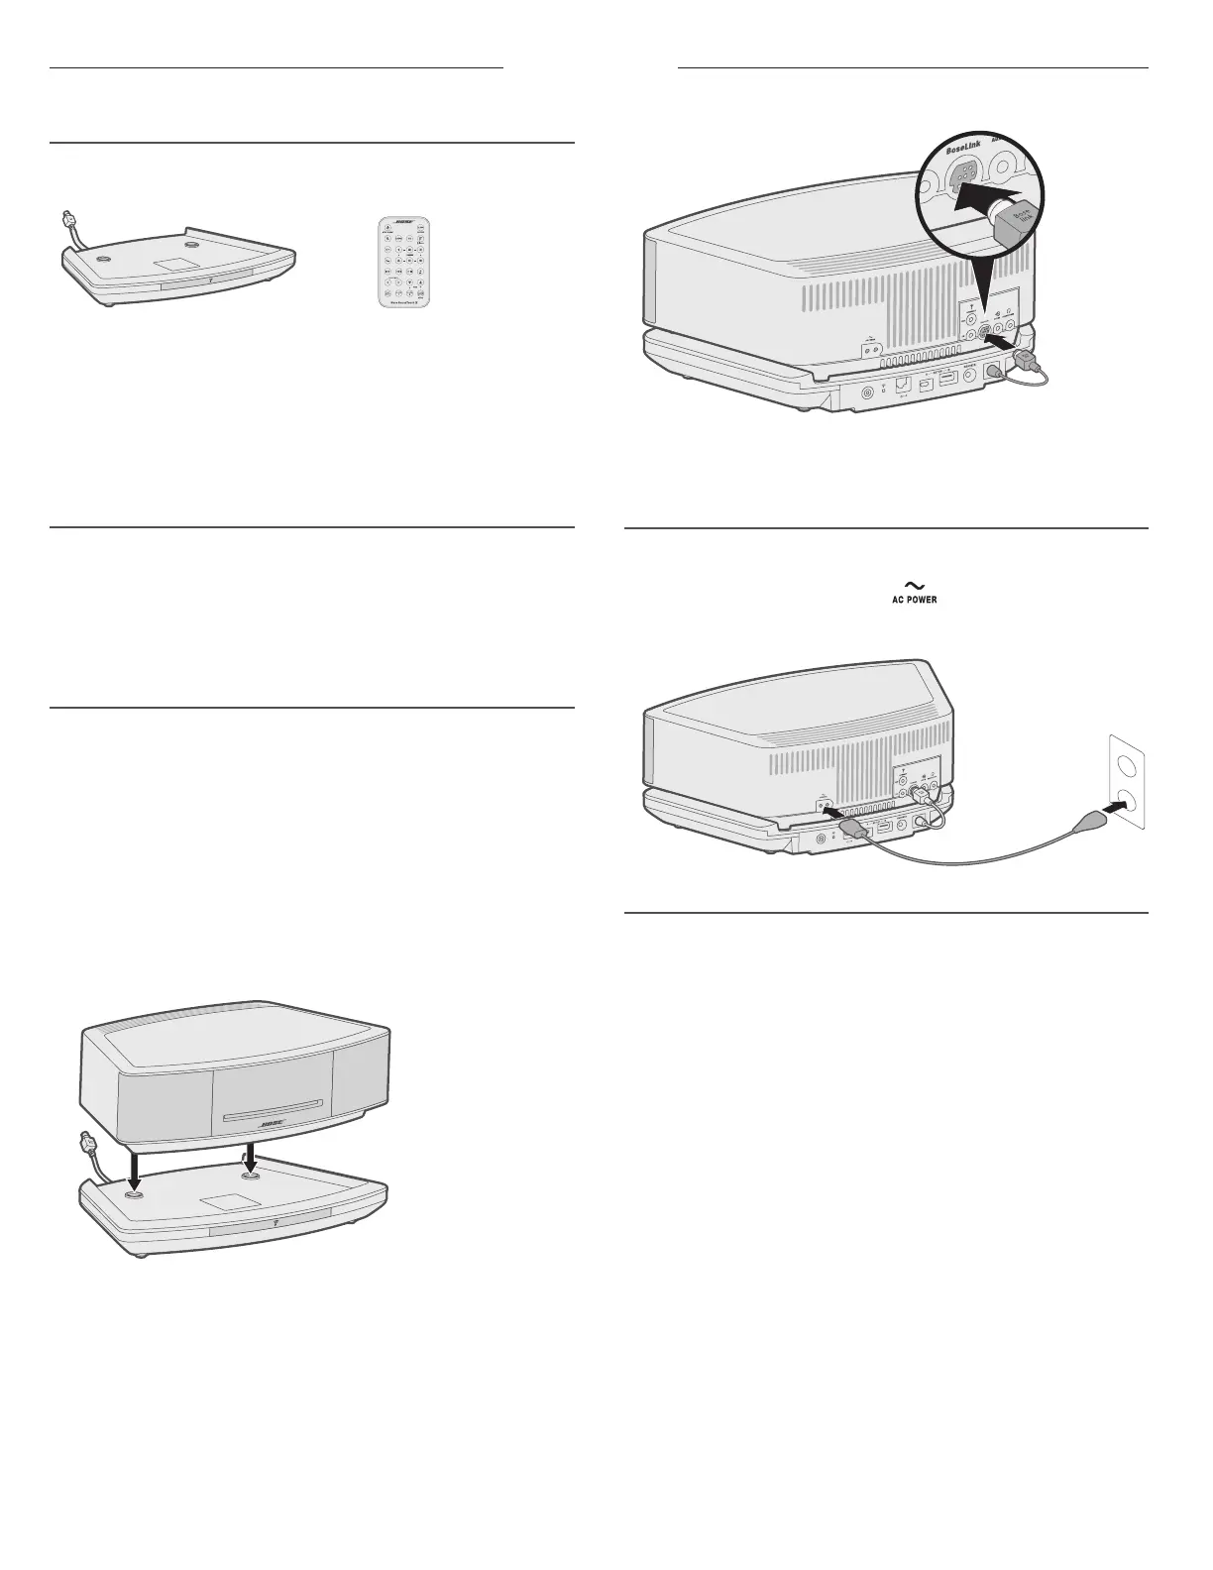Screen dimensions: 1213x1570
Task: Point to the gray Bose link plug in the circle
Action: (1015, 226)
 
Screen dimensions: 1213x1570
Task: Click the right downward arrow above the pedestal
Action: (250, 1154)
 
